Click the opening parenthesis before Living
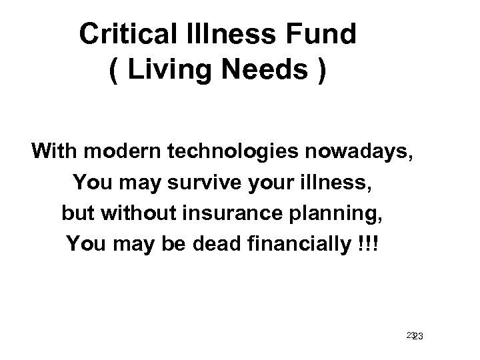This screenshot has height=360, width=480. [x=113, y=70]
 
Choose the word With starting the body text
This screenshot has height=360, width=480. [x=53, y=152]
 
